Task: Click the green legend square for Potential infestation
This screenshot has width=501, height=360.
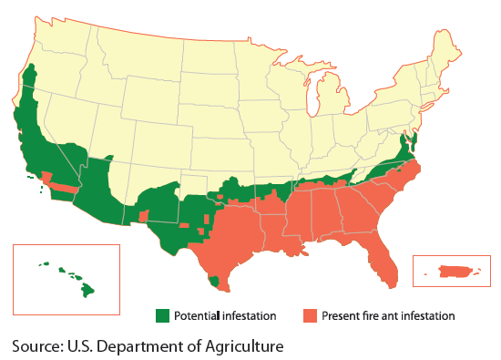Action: tap(162, 315)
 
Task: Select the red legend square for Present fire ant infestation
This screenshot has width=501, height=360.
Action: tap(309, 315)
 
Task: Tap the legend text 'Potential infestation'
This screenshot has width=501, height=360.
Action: tap(226, 315)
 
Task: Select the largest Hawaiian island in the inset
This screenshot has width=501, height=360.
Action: tap(87, 290)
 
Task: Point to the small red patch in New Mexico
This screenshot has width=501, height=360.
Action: tap(144, 214)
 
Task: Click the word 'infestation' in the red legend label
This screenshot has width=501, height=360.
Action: tap(427, 315)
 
